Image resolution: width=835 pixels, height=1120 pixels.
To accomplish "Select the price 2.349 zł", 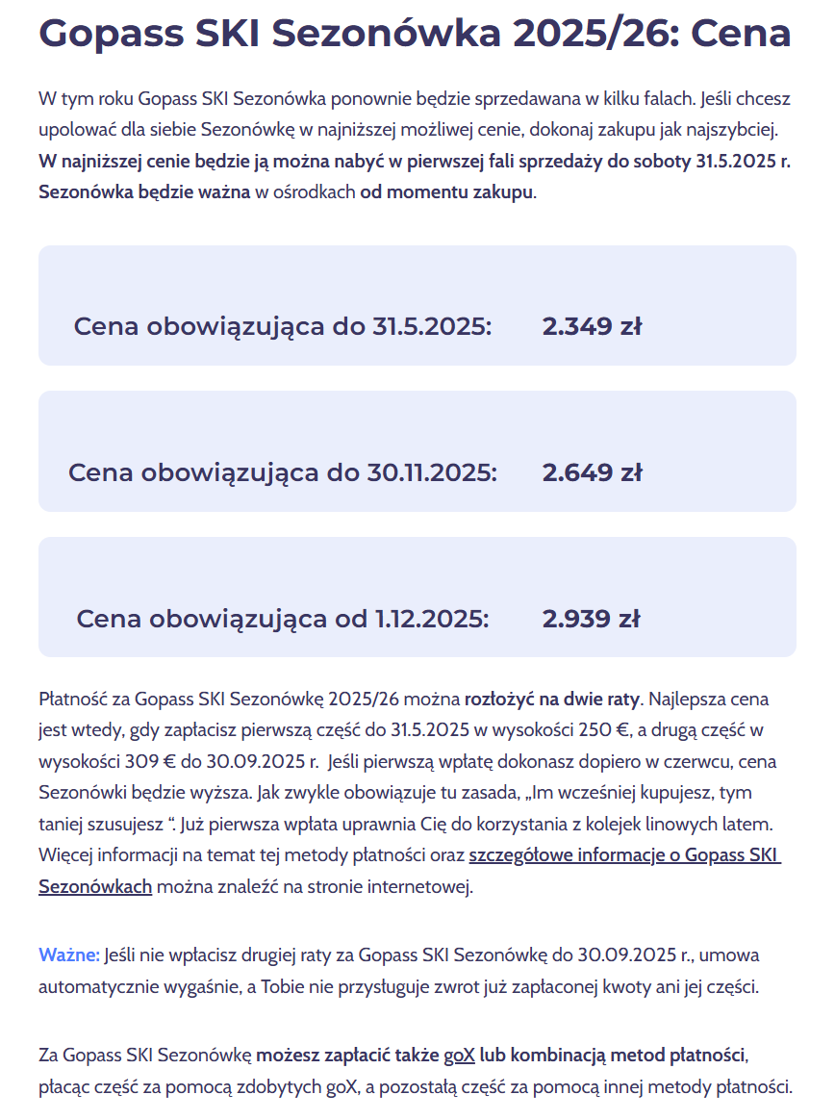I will (592, 327).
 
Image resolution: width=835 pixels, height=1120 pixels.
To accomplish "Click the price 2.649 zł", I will (592, 473).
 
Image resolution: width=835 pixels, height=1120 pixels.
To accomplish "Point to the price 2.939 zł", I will (591, 619).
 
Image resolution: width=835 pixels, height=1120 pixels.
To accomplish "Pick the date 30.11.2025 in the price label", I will (432, 473).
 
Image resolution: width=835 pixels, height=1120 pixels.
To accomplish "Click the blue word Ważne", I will (69, 955).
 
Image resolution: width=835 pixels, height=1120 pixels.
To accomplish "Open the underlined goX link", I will (459, 1056).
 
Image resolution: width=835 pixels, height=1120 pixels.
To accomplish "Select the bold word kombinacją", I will (559, 1056).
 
